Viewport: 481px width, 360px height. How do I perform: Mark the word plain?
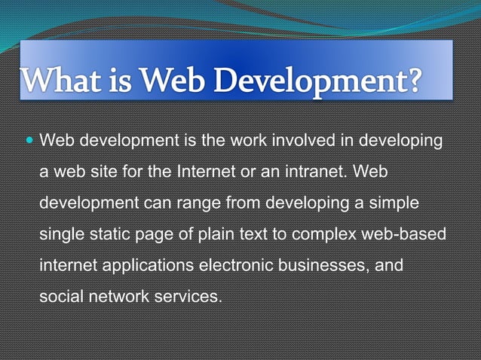[208, 233]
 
